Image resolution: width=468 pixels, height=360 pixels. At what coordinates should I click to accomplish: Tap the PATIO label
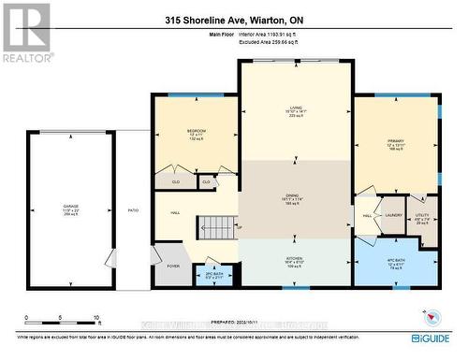[133, 210]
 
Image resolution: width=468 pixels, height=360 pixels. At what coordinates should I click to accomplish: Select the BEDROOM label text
[196, 130]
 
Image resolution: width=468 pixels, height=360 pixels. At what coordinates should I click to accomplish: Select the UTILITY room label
[421, 215]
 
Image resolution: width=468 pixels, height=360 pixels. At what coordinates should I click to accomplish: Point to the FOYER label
[174, 266]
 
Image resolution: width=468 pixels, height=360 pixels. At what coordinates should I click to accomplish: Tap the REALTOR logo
[25, 33]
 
